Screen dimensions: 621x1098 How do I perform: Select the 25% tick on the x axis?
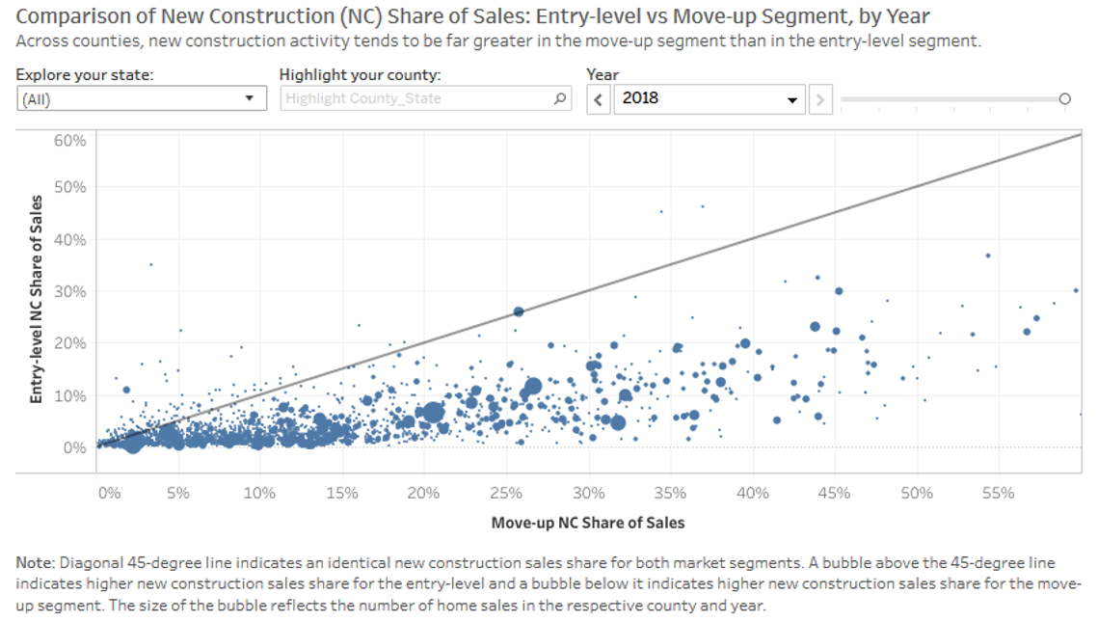tap(506, 494)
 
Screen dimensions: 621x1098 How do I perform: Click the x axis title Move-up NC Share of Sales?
tap(587, 523)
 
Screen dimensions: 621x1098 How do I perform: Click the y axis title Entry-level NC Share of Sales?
tap(37, 298)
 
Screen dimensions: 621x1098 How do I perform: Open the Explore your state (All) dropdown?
tap(141, 98)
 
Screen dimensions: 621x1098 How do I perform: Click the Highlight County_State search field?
tap(415, 98)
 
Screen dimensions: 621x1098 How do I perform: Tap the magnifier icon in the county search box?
tap(560, 98)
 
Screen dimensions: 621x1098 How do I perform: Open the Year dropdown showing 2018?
tap(710, 98)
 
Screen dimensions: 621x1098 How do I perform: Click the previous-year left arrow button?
tap(599, 98)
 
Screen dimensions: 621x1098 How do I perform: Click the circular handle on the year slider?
tap(1064, 98)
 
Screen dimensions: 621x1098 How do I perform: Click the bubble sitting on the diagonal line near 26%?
tap(519, 311)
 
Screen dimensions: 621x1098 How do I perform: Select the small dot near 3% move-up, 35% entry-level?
tap(150, 264)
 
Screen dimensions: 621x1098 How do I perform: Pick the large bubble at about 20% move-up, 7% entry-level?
tap(433, 413)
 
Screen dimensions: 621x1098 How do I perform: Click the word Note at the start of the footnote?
tap(36, 562)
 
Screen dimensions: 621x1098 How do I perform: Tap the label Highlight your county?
tap(360, 74)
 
